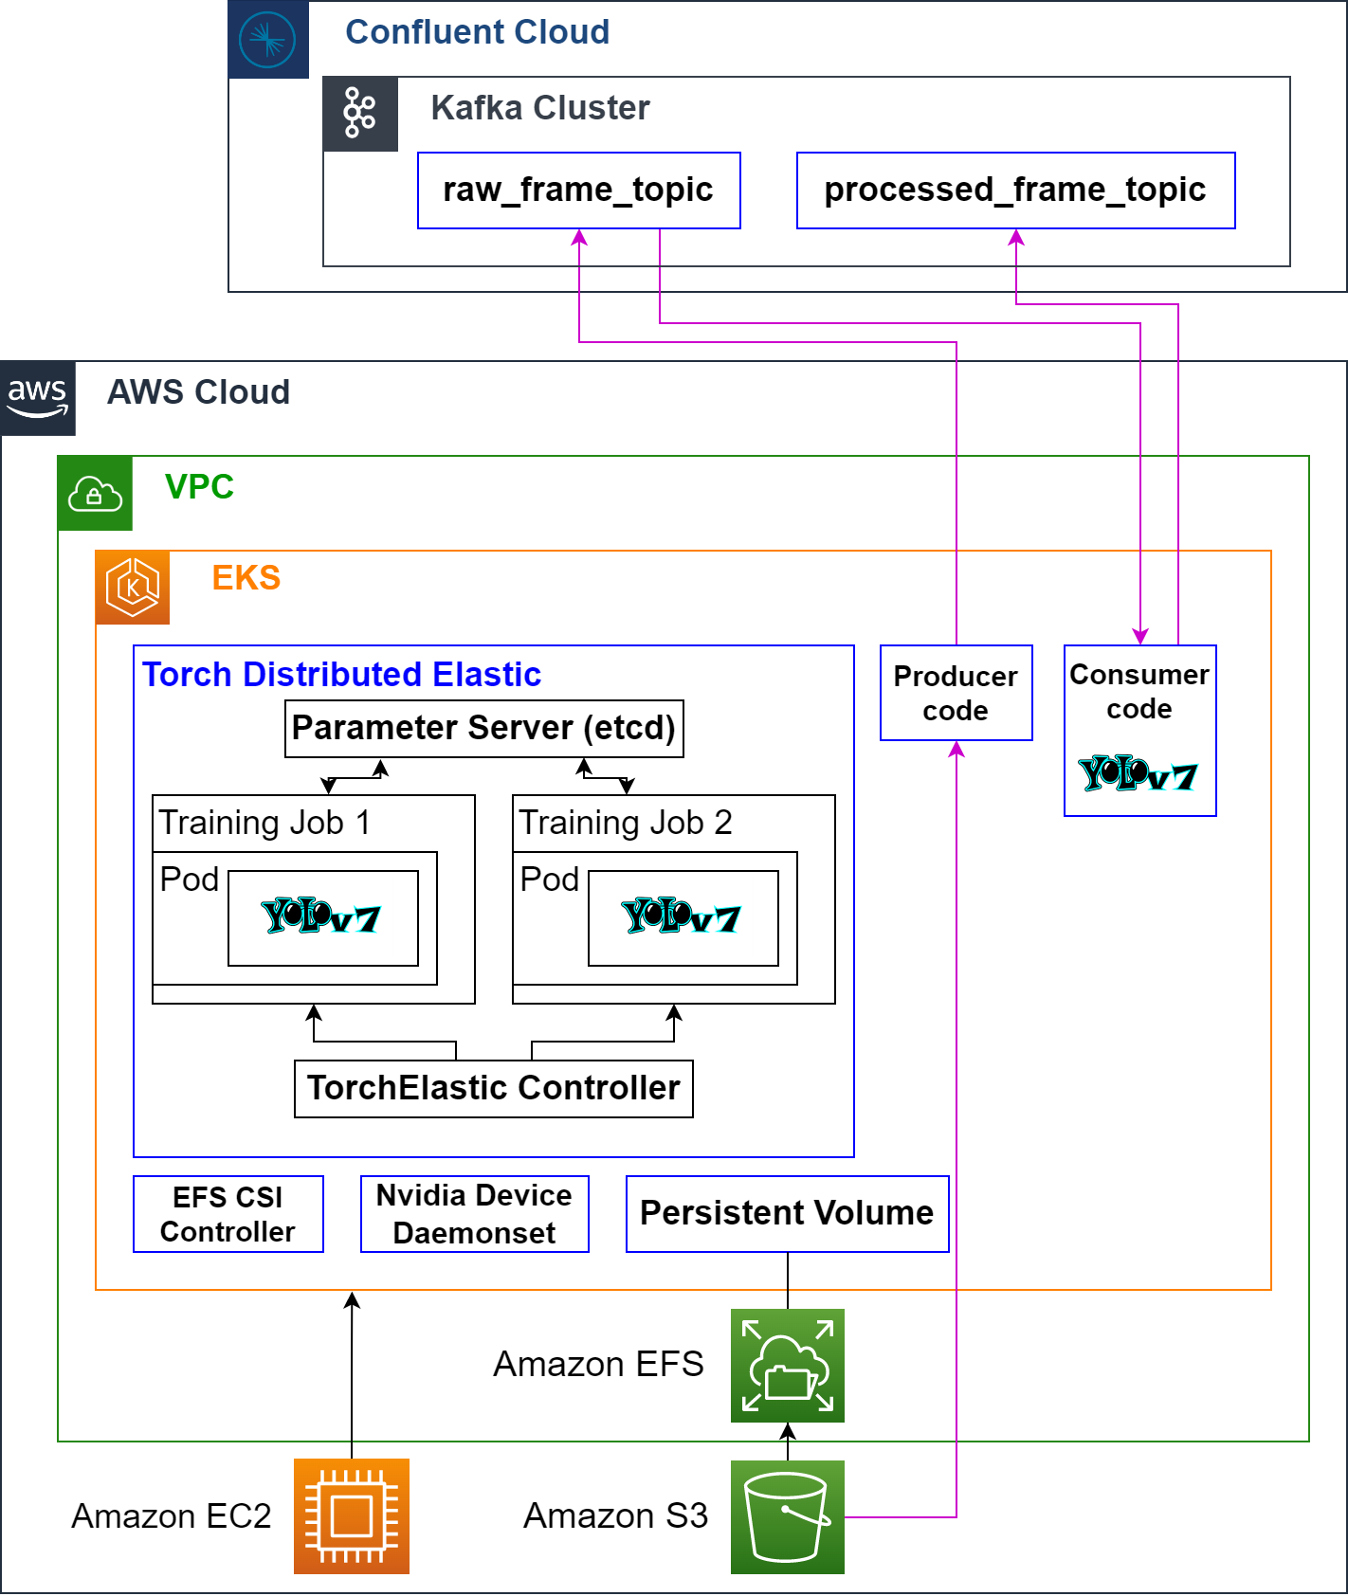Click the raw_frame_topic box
[578, 190]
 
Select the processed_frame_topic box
[1015, 190]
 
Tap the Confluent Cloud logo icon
[268, 40]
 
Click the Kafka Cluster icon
[360, 114]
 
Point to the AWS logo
[38, 398]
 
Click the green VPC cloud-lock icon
[95, 493]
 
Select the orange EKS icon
[133, 588]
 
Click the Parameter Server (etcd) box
[483, 728]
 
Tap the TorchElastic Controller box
[493, 1088]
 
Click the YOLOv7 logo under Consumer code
[1139, 774]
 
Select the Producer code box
[956, 693]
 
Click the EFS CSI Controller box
[228, 1214]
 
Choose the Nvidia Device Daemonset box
[474, 1214]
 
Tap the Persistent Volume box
[787, 1214]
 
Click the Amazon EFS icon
[787, 1366]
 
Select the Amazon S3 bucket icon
[787, 1516]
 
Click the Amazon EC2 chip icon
[352, 1516]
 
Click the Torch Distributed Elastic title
[341, 675]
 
